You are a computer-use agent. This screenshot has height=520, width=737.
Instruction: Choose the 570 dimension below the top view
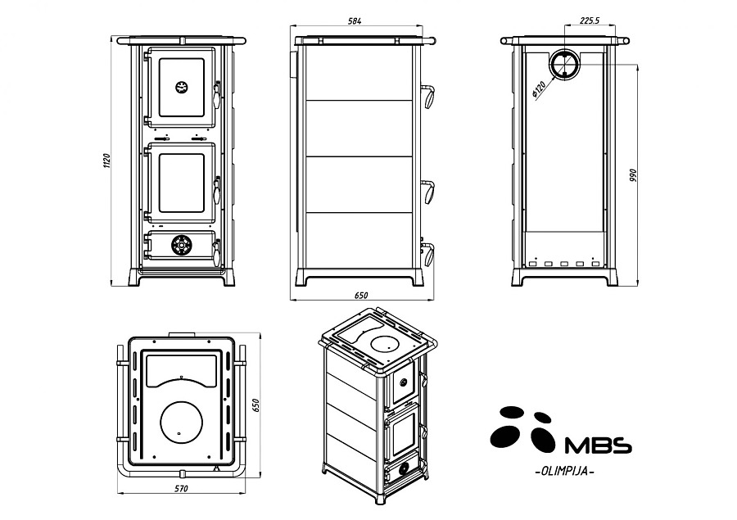[x=181, y=489]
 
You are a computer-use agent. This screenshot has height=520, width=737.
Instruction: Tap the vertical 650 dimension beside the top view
[x=255, y=405]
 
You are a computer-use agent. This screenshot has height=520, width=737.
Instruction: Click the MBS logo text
[x=599, y=445]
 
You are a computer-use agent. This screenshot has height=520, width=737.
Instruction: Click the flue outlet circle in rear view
[x=563, y=63]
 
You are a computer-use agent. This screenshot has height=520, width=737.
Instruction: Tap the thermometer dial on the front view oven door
[x=181, y=86]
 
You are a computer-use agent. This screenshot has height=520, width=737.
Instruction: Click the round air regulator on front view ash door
[x=181, y=244]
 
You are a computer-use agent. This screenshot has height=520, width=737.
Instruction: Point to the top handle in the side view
[x=429, y=95]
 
